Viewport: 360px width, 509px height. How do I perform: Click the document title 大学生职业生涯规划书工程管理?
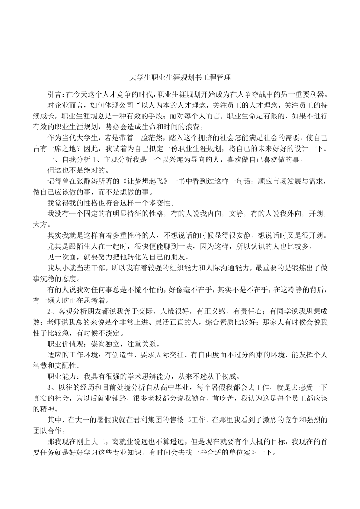coord(180,78)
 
